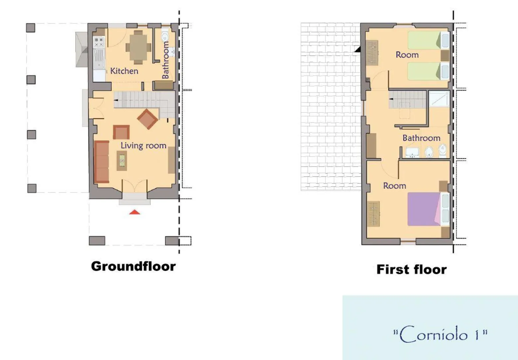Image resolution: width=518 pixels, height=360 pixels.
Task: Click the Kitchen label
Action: click(x=124, y=71)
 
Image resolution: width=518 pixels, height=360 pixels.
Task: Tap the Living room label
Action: click(x=143, y=145)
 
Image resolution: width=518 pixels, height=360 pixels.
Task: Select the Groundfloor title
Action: click(x=133, y=266)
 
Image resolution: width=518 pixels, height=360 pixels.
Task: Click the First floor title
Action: click(x=412, y=269)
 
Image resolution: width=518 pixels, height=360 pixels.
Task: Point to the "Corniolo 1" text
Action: click(x=440, y=334)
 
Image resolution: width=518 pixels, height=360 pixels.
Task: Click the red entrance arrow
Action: click(x=135, y=212)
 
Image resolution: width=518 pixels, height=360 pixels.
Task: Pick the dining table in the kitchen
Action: click(x=138, y=47)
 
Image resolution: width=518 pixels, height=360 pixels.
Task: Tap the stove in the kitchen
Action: click(x=99, y=42)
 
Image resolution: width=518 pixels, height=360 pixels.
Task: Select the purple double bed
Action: click(x=424, y=209)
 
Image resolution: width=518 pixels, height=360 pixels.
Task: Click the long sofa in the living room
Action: click(x=101, y=162)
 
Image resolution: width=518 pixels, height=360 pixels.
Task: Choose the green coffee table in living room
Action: click(x=122, y=161)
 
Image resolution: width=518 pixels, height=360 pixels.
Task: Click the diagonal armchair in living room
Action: click(x=147, y=119)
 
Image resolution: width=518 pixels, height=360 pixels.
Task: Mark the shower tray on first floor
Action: click(x=439, y=99)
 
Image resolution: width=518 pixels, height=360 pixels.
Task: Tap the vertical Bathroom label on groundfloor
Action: click(x=165, y=60)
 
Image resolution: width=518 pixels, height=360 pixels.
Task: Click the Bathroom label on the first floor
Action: click(x=421, y=138)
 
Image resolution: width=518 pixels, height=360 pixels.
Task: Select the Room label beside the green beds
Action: click(x=407, y=55)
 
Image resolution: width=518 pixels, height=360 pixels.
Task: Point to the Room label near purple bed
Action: click(x=395, y=186)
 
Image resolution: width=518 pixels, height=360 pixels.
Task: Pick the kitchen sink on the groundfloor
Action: click(x=99, y=59)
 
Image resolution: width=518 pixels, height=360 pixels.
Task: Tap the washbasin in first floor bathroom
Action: click(x=412, y=153)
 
